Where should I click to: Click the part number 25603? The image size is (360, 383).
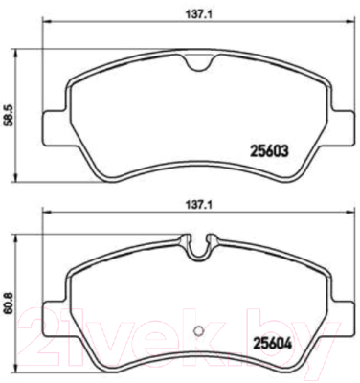pyautogui.click(x=270, y=151)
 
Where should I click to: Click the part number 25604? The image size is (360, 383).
pyautogui.click(x=272, y=344)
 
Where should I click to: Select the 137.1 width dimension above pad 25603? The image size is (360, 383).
pyautogui.click(x=198, y=14)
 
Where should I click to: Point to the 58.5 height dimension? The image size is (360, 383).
pyautogui.click(x=7, y=117)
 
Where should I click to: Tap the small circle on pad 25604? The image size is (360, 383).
pyautogui.click(x=198, y=330)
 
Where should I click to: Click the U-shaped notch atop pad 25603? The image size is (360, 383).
pyautogui.click(x=198, y=63)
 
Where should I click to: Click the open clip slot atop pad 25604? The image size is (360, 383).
pyautogui.click(x=198, y=246)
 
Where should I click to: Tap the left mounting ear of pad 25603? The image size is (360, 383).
pyautogui.click(x=55, y=127)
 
